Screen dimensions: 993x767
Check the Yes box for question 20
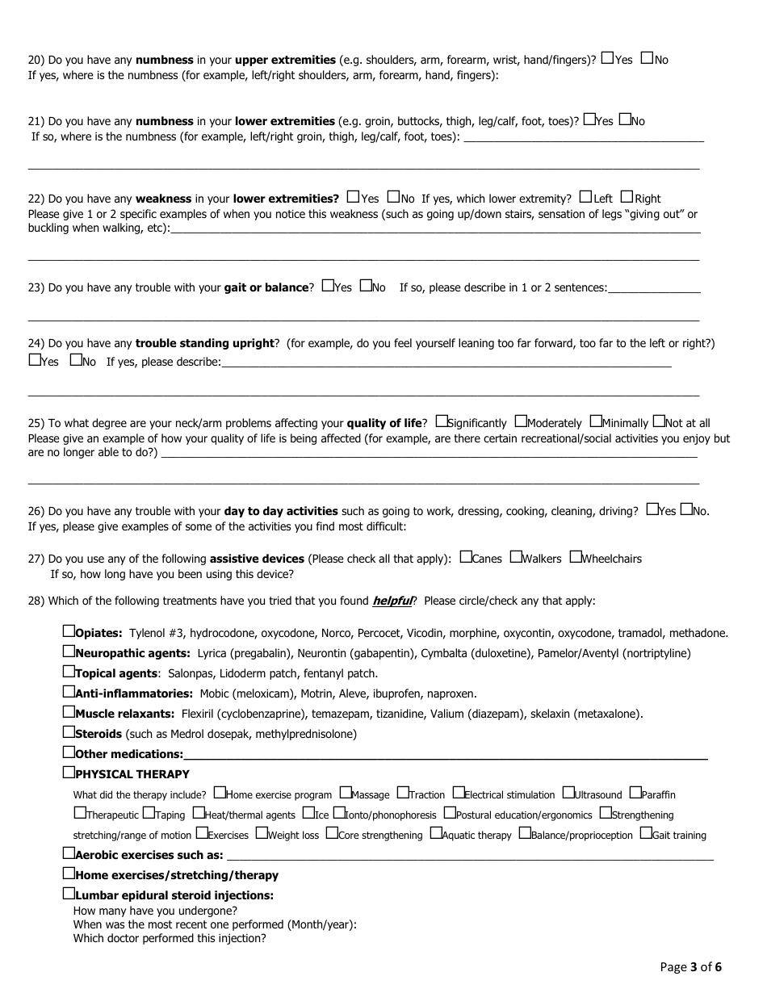click(608, 58)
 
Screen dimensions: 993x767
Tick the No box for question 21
click(625, 119)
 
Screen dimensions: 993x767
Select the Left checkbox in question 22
click(585, 197)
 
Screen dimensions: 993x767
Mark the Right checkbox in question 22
click(627, 197)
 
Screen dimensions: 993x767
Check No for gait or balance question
click(366, 286)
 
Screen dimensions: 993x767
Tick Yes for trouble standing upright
click(35, 360)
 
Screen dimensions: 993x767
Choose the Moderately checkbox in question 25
click(521, 421)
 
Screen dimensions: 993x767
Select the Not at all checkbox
click(659, 421)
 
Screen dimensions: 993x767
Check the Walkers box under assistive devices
click(516, 557)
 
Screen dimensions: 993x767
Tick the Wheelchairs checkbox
click(575, 557)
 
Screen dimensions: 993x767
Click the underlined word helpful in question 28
click(392, 601)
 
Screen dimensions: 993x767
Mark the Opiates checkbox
click(69, 631)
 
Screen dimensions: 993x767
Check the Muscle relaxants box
click(69, 712)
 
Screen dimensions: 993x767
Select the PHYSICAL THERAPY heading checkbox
click(69, 773)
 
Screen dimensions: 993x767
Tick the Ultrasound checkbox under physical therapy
click(568, 794)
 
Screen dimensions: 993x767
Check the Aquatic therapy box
click(436, 834)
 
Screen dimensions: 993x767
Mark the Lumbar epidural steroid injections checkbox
click(69, 894)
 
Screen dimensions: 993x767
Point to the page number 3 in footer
click(693, 967)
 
